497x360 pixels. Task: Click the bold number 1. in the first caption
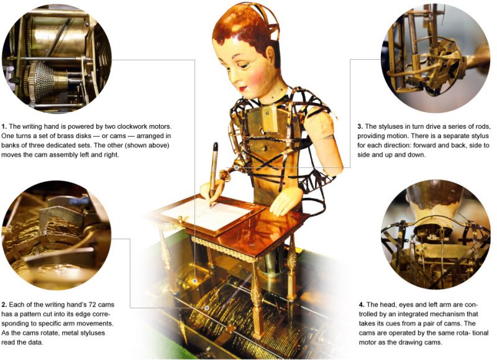[x=4, y=127]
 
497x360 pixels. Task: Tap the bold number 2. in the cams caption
[x=4, y=305]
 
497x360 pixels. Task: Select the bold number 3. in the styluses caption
[x=360, y=127]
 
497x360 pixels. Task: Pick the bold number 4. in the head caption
[x=362, y=305]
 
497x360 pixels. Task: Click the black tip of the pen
[x=216, y=146]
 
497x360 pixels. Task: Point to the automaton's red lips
[x=243, y=88]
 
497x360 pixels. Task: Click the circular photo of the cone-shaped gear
[x=57, y=58]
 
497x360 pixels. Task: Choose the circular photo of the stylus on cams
[x=57, y=236]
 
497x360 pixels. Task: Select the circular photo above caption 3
[x=435, y=58]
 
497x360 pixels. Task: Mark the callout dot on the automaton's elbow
[x=237, y=167]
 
